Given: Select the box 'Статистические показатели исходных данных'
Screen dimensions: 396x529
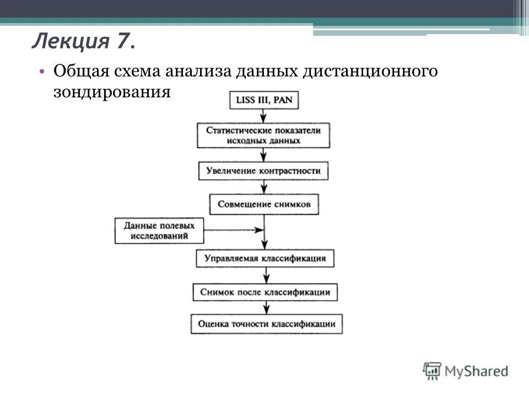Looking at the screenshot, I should coord(264,135).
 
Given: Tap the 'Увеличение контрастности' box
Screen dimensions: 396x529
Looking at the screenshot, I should coord(264,170).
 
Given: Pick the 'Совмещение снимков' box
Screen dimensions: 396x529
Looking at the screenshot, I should coord(264,204).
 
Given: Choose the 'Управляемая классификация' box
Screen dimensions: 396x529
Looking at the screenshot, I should coord(265,258).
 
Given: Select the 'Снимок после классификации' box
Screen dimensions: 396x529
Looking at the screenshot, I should coord(265,291).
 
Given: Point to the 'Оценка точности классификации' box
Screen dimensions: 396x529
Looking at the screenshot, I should coord(267,324).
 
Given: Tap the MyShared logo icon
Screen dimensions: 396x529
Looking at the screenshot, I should coord(433,371).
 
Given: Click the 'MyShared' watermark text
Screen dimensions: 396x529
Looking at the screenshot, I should coord(477,371).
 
